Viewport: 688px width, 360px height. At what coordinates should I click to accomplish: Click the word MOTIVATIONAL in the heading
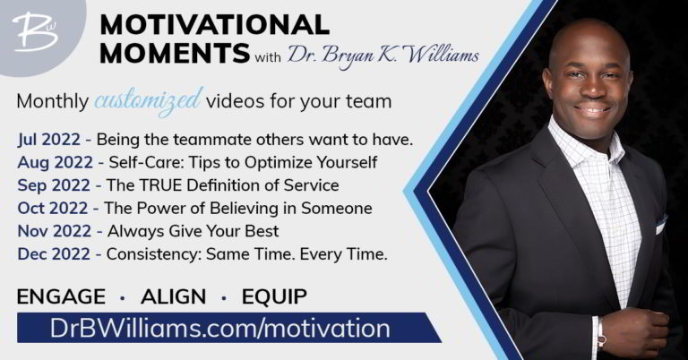215,24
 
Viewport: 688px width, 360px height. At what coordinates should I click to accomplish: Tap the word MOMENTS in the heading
175,53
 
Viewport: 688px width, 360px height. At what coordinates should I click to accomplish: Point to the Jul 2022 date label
49,140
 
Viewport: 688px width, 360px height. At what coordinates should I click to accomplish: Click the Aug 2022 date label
55,162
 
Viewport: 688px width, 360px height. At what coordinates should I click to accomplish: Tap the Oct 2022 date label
53,208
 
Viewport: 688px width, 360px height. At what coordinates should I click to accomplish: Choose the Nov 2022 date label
54,231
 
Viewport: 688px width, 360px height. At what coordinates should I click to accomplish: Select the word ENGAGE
61,296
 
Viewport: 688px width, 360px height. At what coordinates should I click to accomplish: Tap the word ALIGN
173,296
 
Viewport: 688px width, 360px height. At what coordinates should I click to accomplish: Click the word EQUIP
274,296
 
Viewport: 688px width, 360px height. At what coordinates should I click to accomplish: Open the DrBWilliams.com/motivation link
219,328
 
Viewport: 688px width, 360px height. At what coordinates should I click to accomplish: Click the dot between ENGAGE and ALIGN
123,298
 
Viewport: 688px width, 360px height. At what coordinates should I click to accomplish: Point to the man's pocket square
661,225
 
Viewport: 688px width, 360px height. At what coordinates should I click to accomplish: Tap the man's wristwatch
600,336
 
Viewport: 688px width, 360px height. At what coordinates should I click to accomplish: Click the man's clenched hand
632,332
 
